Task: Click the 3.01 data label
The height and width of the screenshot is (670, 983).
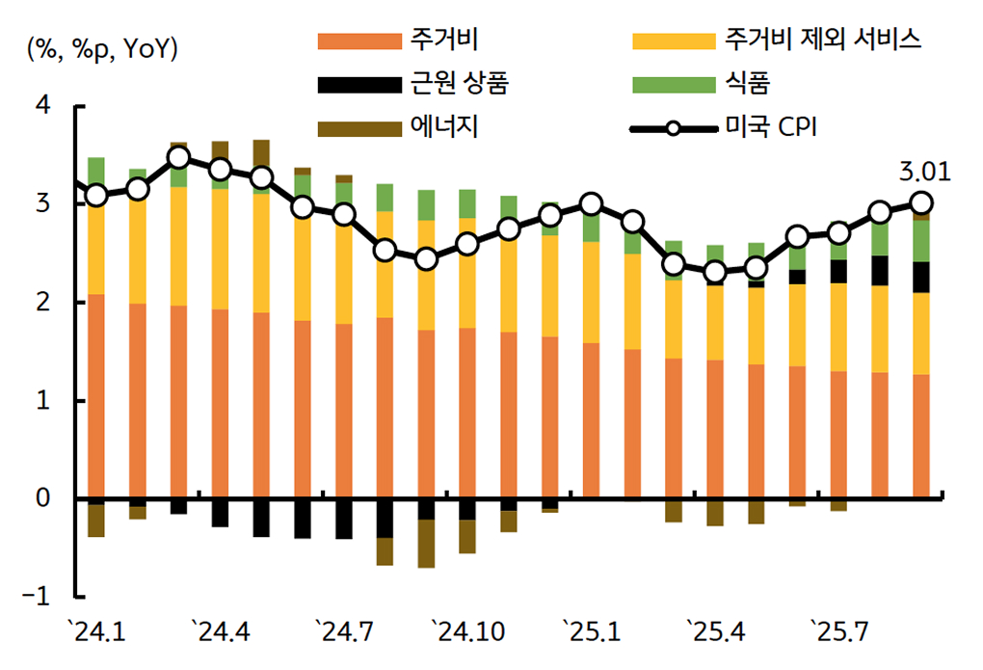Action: coord(923,173)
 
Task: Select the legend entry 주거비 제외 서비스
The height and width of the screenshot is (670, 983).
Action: coord(824,40)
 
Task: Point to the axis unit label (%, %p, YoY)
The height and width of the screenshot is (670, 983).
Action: coord(102,50)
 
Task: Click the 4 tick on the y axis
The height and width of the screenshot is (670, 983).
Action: coord(41,106)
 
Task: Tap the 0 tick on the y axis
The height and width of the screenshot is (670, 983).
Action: coord(41,498)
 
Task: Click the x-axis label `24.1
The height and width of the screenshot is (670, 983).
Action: coord(97,632)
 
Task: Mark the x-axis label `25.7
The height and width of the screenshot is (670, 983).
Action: coord(840,632)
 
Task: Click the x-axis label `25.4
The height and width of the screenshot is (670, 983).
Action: coord(716,632)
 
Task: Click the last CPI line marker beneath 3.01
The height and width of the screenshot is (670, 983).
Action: coord(921,202)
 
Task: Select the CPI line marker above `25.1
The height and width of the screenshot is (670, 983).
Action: coord(591,204)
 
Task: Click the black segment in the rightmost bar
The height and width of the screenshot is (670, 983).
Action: coord(921,277)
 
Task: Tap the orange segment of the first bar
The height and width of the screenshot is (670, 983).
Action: coord(96,395)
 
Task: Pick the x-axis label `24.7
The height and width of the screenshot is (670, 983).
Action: coord(345,632)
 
